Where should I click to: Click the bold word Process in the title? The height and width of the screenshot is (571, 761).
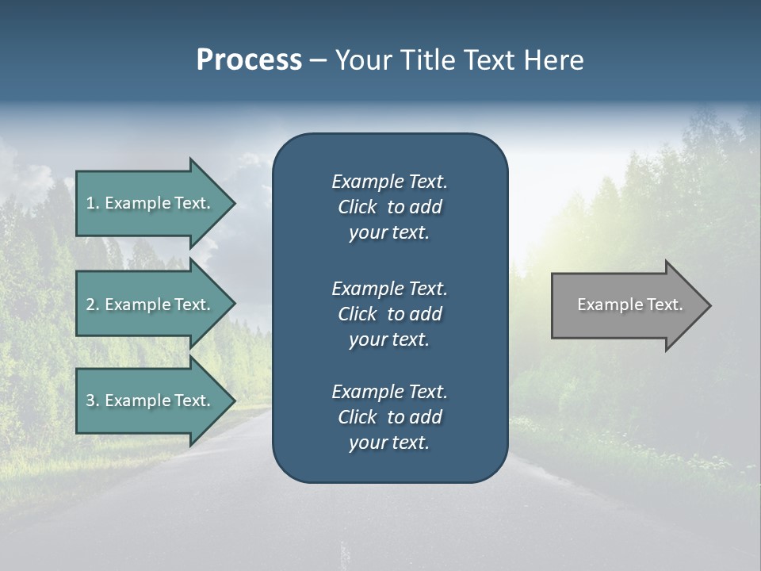249,60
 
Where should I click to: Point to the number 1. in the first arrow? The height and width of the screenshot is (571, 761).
92,203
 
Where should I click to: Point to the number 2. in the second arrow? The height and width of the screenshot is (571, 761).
92,305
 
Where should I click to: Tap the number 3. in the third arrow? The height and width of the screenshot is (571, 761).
92,400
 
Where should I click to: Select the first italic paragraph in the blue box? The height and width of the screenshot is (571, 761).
389,207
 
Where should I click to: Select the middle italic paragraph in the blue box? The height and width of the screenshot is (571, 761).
389,314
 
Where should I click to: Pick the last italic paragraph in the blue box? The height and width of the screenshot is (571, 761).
389,417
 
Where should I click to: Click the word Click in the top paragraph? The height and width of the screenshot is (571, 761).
357,207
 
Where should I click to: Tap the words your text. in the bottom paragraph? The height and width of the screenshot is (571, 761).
389,443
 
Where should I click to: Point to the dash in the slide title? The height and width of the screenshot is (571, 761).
319,61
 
